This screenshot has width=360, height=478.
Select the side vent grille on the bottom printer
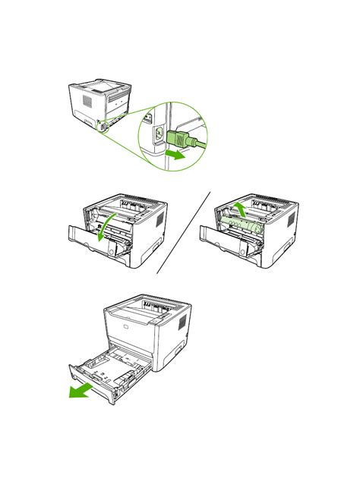[182, 322]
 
